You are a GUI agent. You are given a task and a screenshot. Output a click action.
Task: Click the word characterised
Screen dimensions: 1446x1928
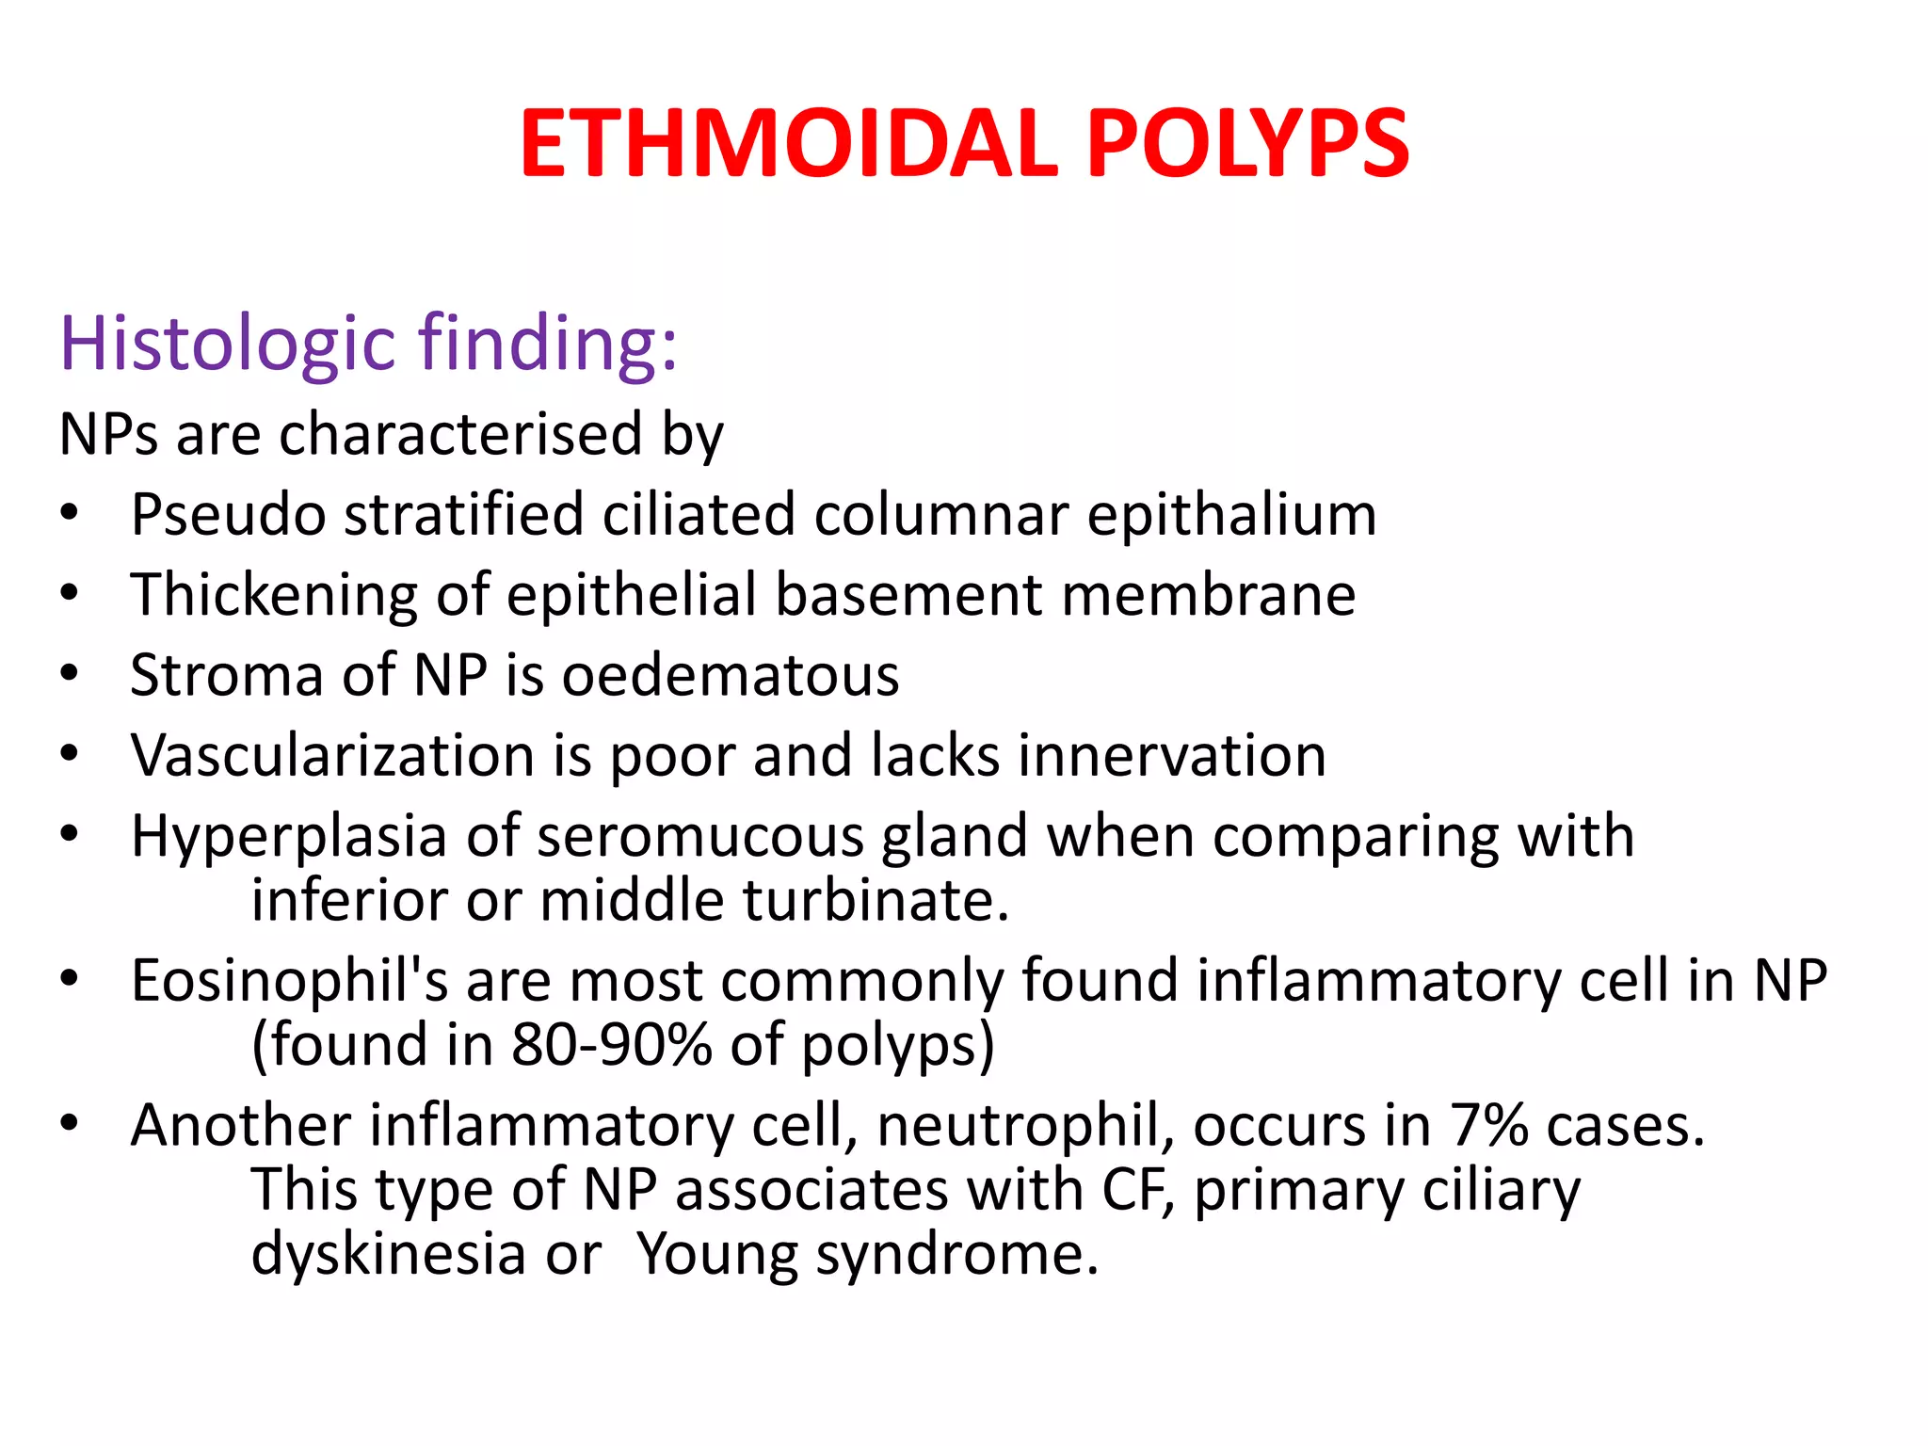[460, 435]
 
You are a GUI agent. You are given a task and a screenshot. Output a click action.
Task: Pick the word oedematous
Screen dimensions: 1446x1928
[731, 676]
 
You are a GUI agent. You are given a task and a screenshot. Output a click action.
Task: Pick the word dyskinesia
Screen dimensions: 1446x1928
[388, 1255]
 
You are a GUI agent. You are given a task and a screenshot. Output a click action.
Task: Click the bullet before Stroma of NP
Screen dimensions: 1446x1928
[69, 674]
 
